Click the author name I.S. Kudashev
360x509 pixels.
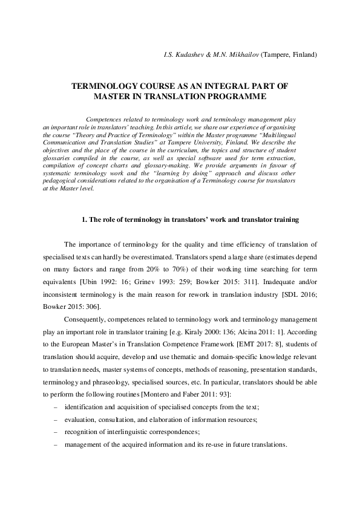pyautogui.click(x=184, y=55)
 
